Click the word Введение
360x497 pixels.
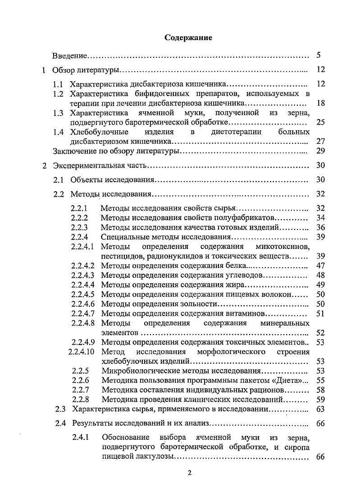(69, 56)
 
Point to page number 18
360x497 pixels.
(320, 103)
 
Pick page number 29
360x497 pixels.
(320, 151)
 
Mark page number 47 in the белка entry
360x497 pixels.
(320, 266)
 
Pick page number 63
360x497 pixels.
(320, 409)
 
